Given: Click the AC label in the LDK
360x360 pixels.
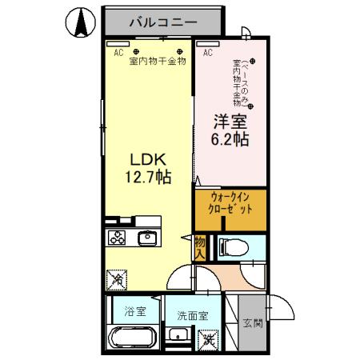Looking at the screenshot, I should (x=118, y=53).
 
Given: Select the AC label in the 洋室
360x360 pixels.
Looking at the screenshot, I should (x=207, y=53).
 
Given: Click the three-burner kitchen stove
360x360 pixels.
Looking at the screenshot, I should (x=117, y=238).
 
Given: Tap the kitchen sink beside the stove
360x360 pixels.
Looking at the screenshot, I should (x=147, y=238).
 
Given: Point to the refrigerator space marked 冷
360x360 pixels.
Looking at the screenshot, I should (x=117, y=279).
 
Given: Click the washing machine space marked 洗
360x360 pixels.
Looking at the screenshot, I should (x=208, y=338).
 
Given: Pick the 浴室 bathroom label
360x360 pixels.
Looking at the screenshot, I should (x=134, y=311).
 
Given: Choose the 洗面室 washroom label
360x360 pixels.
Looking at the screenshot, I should (x=192, y=314).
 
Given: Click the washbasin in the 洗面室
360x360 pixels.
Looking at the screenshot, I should (x=181, y=336).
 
